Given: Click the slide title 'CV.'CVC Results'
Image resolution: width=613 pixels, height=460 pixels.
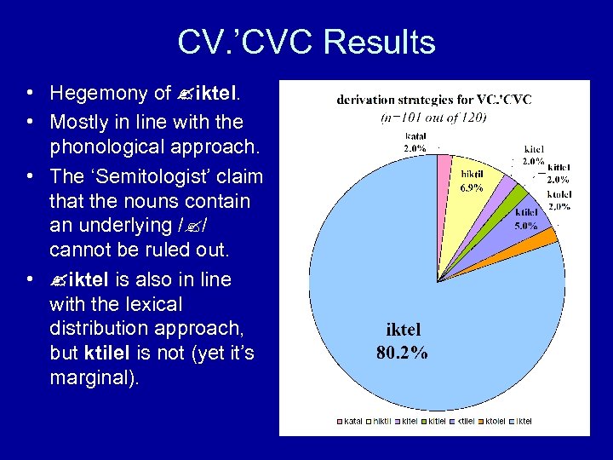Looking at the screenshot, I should pos(306,42).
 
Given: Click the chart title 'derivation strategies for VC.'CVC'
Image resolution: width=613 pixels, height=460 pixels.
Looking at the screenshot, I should pos(433,100).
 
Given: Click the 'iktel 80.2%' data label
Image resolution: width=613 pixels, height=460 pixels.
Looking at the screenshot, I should pos(403,340).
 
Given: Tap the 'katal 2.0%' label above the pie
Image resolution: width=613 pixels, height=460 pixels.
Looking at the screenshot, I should pos(415,142).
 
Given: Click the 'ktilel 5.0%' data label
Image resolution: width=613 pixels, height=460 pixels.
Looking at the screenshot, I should pos(526,219).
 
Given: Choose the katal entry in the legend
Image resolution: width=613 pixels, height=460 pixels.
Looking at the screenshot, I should pos(352,421).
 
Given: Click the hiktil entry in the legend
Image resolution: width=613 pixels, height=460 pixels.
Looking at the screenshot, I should pos(381,421).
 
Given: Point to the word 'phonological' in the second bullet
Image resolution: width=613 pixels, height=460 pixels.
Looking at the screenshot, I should pos(107,147).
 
